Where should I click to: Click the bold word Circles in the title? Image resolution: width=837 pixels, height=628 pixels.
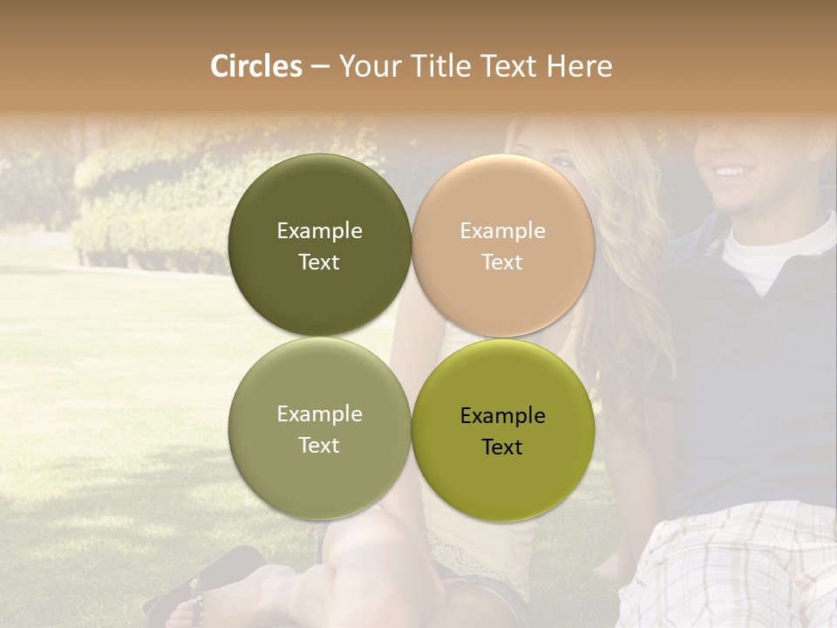click(x=255, y=66)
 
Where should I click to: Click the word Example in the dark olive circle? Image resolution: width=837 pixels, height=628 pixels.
click(x=319, y=230)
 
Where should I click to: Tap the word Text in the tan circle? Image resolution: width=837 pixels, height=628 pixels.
click(x=502, y=263)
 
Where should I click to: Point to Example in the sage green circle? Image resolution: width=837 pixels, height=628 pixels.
click(x=319, y=413)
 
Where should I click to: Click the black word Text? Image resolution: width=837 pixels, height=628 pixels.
click(x=502, y=447)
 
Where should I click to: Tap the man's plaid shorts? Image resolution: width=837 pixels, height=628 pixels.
click(x=732, y=567)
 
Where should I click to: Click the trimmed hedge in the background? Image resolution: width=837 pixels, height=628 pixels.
click(x=148, y=235)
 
